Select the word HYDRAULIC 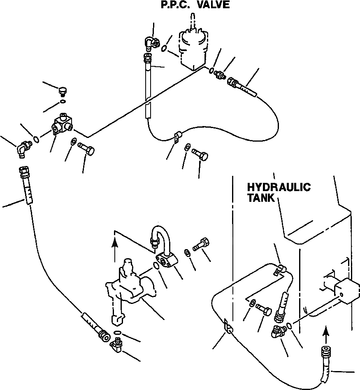[279, 187]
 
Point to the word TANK [261, 198]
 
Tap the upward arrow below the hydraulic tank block [326, 332]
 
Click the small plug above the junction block [63, 90]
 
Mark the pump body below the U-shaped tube [128, 288]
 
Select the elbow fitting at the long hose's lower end [116, 343]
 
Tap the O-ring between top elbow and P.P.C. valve [164, 49]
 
